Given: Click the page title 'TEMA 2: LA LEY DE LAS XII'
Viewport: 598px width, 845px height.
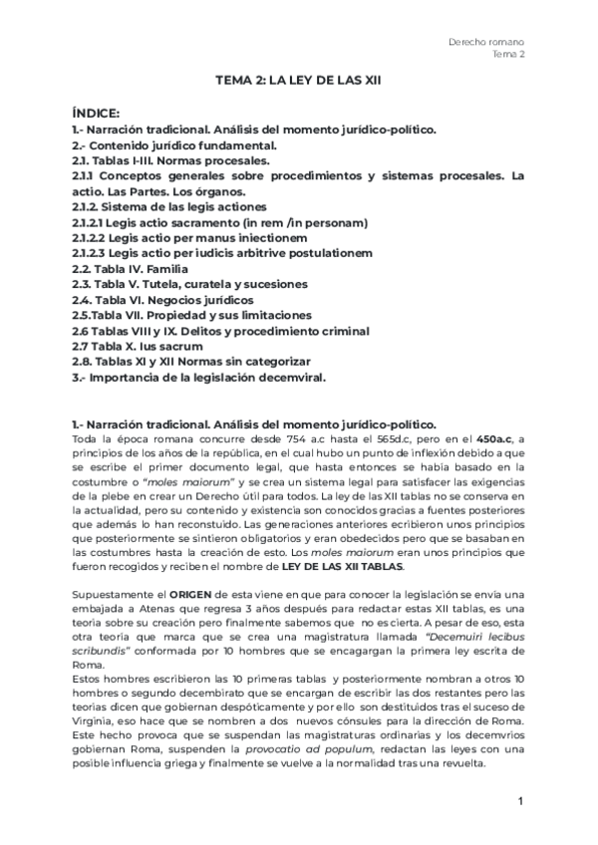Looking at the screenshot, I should coord(298,87).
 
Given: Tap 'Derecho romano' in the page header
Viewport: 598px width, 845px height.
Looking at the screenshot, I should coord(488,41).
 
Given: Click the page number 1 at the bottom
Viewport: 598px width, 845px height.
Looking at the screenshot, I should coord(521,801).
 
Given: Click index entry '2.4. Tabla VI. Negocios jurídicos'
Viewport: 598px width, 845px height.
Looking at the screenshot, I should coord(162,299).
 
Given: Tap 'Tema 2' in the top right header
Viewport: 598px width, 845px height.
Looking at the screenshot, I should coord(509,55).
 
